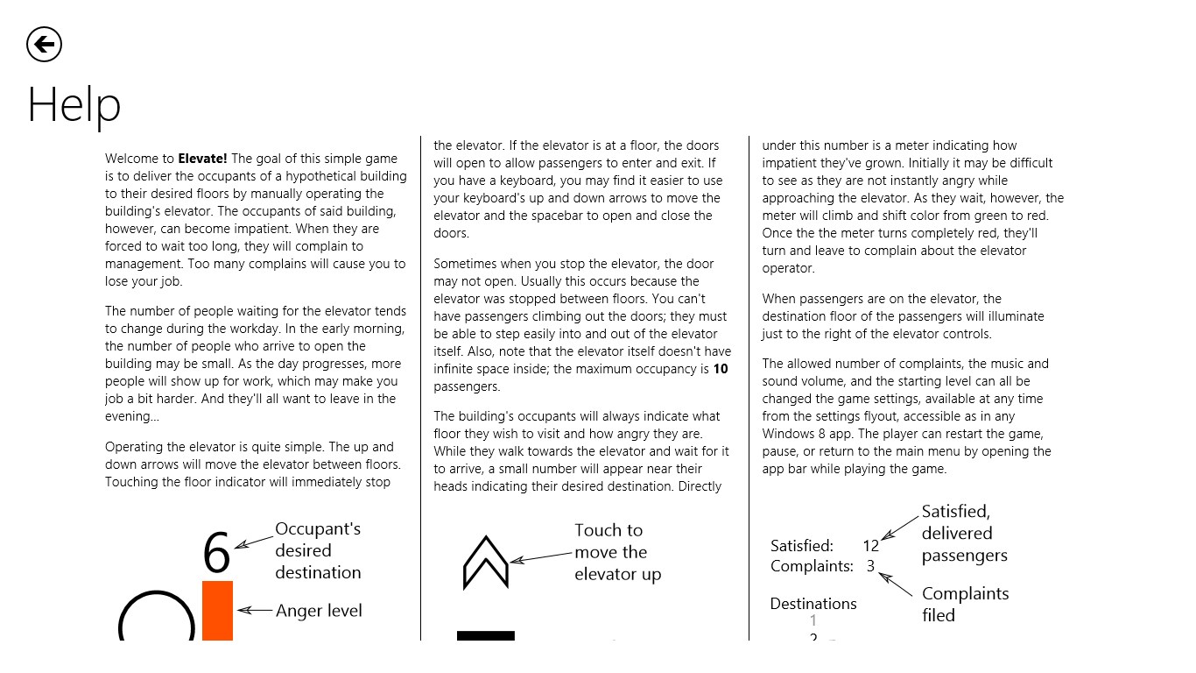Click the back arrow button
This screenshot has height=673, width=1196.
(x=44, y=44)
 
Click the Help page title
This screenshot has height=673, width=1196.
(x=74, y=105)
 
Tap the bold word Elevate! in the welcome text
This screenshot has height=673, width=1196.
(x=202, y=159)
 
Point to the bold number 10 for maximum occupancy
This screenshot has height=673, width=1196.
(x=720, y=369)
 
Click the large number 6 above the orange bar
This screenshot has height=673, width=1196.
(x=216, y=552)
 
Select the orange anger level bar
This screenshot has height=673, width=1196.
(x=217, y=611)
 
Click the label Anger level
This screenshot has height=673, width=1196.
(x=319, y=611)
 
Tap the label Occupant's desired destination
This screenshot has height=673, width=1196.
(x=318, y=550)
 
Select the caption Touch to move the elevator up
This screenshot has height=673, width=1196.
(x=617, y=552)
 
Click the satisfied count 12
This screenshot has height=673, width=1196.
(x=870, y=546)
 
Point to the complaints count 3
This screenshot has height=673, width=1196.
(x=870, y=566)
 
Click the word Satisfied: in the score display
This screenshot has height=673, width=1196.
(x=802, y=546)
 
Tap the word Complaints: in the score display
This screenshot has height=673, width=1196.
(x=812, y=566)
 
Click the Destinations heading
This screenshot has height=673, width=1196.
(x=813, y=604)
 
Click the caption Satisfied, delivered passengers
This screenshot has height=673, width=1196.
(x=964, y=533)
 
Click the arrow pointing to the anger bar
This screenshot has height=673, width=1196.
(x=256, y=611)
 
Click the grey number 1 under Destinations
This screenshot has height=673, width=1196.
(x=813, y=621)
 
